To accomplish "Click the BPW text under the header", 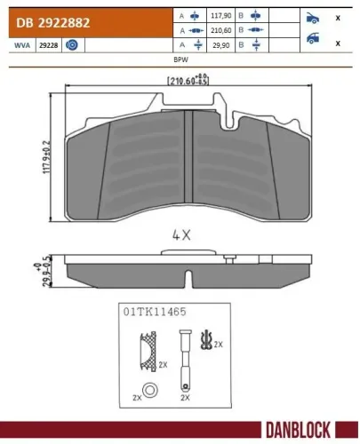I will coord(180,58).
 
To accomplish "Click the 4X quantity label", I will coord(180,236).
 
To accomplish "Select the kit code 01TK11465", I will coord(156,313).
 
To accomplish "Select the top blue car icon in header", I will coord(311,17).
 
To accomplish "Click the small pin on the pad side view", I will coord(229,259).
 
